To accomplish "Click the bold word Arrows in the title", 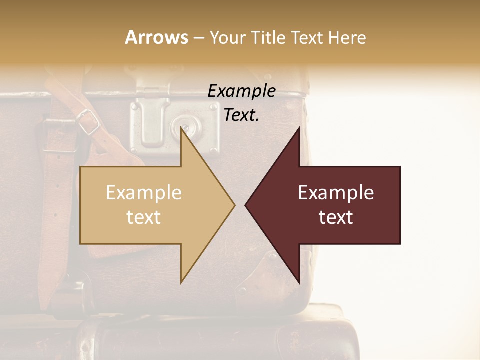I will (156, 37).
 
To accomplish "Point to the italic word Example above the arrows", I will (241, 91).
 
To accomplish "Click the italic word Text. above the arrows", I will (241, 115).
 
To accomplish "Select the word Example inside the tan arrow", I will (144, 193).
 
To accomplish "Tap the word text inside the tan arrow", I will (144, 217).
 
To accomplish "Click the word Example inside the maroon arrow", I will (336, 193).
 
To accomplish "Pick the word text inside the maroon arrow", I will (336, 217).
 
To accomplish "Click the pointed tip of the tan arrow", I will (234, 205).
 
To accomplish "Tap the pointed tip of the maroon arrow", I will (246, 205).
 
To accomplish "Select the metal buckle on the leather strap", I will (88, 122).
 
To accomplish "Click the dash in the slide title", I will (198, 38).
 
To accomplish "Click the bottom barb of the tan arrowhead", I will (182, 281).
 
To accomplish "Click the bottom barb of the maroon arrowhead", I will (298, 281).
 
